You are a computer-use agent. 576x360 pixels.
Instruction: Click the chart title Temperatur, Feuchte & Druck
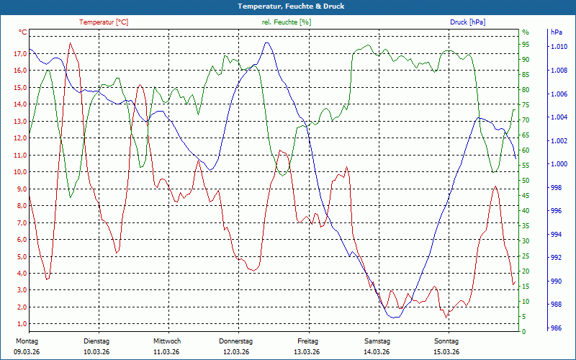point(288,6)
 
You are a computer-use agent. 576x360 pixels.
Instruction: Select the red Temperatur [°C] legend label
point(104,22)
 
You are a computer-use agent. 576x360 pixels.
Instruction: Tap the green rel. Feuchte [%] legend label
point(287,22)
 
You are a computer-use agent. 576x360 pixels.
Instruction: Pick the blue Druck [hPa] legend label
point(467,22)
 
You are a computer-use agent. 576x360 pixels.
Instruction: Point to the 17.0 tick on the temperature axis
point(20,54)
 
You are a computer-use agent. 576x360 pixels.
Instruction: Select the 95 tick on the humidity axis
point(526,45)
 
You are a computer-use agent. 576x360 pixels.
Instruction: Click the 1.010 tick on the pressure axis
point(559,48)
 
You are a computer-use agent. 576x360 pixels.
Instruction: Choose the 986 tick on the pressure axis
point(556,328)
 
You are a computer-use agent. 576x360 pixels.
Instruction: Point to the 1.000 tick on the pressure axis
point(559,164)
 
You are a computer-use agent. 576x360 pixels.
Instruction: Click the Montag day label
point(27,341)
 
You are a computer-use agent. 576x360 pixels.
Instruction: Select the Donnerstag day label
point(236,341)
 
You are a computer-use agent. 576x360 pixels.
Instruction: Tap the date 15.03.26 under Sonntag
point(446,351)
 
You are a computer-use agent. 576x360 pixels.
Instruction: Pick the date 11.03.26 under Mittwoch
point(167,351)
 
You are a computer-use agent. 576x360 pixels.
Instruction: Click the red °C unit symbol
point(23,33)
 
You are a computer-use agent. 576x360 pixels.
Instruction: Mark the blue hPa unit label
point(557,33)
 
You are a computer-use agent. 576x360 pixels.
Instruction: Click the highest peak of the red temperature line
point(70,43)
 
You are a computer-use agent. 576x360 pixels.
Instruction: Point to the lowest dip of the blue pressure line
point(394,317)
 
